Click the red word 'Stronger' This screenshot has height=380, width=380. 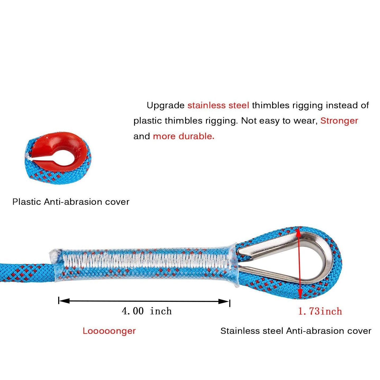click(339, 121)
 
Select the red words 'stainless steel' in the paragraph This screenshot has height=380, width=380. click(218, 106)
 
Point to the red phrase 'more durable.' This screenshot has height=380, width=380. click(184, 136)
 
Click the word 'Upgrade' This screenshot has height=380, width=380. click(166, 106)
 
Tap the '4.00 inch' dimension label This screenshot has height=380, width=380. click(146, 311)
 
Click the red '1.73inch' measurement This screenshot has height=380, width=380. click(320, 311)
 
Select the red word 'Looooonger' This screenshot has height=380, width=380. click(109, 331)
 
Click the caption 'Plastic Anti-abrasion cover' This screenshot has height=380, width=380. click(71, 202)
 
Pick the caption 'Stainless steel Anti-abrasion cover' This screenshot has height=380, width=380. click(296, 331)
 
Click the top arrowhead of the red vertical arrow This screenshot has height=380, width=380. click(298, 231)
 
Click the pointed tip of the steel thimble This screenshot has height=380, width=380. click(240, 254)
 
